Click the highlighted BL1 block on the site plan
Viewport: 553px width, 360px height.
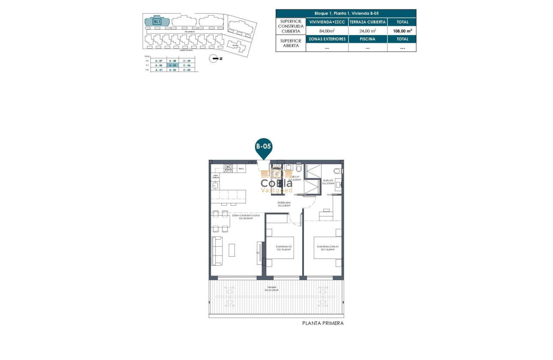click(x=157, y=21)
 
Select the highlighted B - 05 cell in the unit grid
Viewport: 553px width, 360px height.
click(x=172, y=65)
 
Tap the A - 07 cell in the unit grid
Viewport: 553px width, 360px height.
click(x=159, y=61)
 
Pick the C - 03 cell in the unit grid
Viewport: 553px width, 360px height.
click(x=186, y=69)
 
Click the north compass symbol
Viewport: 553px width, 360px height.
click(x=213, y=59)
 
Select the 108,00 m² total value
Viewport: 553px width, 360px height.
click(x=402, y=31)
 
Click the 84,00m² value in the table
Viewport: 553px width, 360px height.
click(x=327, y=31)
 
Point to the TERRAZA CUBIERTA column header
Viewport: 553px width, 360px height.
click(x=367, y=22)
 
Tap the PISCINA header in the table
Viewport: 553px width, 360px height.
click(x=367, y=39)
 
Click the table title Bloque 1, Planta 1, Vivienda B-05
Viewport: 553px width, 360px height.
click(x=346, y=13)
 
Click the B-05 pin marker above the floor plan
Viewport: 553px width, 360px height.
click(x=264, y=147)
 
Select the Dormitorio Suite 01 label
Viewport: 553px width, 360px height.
click(x=328, y=248)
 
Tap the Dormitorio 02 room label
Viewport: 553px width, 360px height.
click(x=284, y=248)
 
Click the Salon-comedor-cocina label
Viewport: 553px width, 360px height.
click(x=246, y=217)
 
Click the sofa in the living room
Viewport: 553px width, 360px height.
click(x=218, y=250)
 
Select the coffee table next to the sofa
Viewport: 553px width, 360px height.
click(x=231, y=250)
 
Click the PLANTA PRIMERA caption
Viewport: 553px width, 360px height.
click(x=323, y=324)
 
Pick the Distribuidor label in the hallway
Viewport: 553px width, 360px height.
click(x=284, y=204)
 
